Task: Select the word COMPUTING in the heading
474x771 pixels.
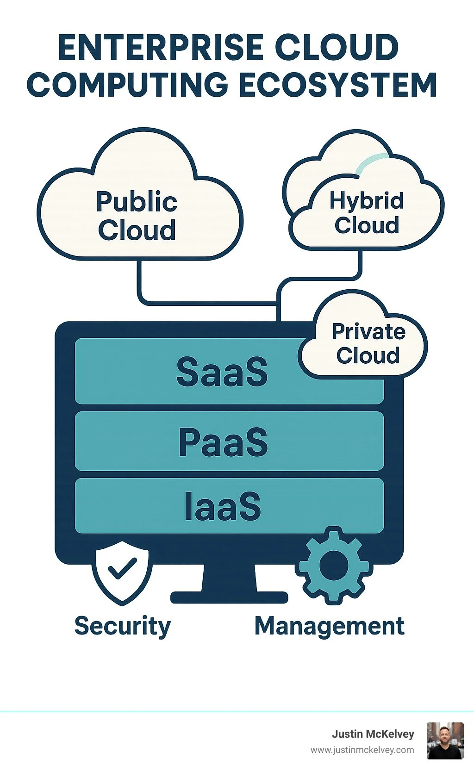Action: click(x=127, y=85)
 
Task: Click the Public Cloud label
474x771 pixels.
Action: click(x=137, y=216)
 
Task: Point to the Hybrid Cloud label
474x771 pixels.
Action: click(x=367, y=213)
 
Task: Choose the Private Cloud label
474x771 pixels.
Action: click(x=368, y=343)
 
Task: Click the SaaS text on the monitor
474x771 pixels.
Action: click(x=222, y=372)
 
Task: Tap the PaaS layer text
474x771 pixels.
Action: click(x=223, y=442)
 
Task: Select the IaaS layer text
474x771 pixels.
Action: click(x=223, y=506)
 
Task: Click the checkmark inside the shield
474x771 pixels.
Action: click(x=122, y=569)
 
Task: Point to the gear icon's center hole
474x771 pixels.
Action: click(x=333, y=566)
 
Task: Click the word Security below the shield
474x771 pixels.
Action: click(x=123, y=626)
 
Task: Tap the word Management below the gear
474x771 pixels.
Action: click(x=330, y=626)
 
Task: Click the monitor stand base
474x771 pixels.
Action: click(x=229, y=597)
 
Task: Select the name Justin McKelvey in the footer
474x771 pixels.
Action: click(x=373, y=734)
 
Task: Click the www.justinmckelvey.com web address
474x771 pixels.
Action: click(x=362, y=750)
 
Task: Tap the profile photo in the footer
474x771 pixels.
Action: click(x=445, y=740)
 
